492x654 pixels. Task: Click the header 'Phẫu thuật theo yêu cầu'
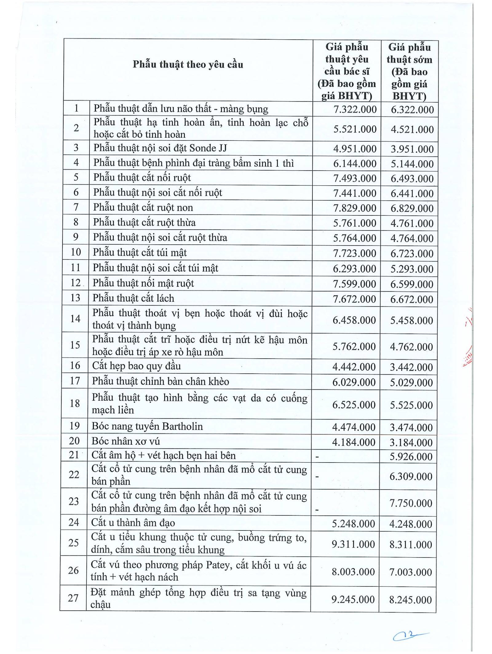tap(188, 65)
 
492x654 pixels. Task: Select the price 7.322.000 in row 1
tap(355, 109)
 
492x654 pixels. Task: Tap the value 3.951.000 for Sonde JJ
tap(412, 149)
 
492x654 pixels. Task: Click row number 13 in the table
tap(75, 298)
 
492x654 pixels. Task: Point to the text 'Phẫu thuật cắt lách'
tap(133, 298)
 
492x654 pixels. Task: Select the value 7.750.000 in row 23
tap(411, 503)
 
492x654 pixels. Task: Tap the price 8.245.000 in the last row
tap(411, 600)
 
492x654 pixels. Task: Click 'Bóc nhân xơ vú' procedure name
tap(126, 441)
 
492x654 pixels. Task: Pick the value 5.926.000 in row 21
tap(411, 456)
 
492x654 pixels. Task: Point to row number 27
tap(73, 598)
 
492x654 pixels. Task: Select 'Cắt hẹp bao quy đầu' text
tap(136, 366)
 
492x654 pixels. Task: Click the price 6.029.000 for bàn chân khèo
tap(354, 382)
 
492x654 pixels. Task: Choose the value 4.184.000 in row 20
tap(354, 442)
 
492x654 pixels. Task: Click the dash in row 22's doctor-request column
tap(317, 477)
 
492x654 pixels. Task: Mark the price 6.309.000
tap(411, 476)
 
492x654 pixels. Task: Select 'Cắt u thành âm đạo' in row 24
tap(133, 523)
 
